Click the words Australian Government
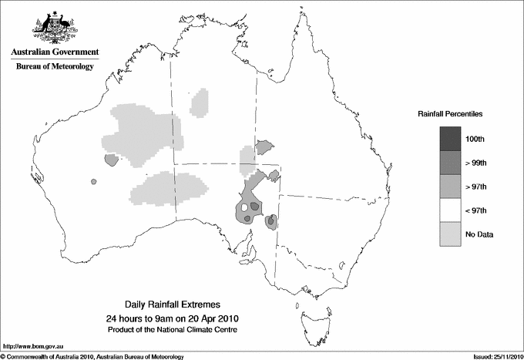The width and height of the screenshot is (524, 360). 55,52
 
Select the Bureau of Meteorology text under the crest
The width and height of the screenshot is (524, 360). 55,66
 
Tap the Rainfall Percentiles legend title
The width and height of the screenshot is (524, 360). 450,113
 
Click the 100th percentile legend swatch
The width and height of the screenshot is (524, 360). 451,139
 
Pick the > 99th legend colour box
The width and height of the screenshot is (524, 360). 451,163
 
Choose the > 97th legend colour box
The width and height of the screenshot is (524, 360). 451,187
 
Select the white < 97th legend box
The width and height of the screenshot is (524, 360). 451,210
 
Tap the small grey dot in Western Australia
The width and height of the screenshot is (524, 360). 93,182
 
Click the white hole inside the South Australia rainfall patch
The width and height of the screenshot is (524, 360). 245,207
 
